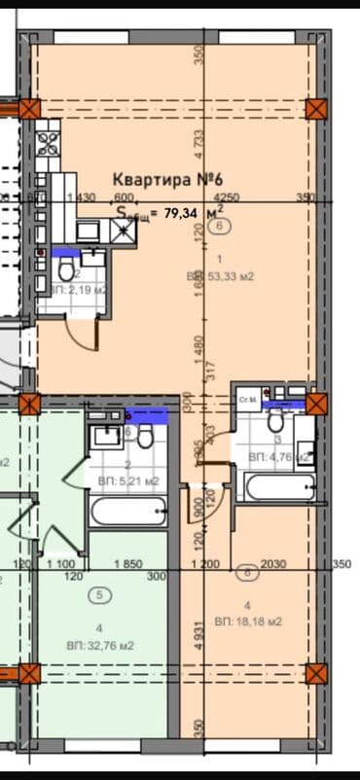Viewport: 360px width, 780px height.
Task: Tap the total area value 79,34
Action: click(178, 211)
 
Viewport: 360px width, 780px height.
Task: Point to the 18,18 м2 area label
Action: click(255, 620)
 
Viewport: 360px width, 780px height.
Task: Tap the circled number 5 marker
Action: click(96, 594)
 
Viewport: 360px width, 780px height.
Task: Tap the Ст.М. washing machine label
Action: click(248, 399)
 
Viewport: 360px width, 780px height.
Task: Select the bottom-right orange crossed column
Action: click(314, 673)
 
